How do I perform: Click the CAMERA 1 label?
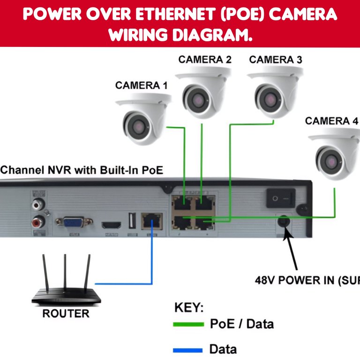click(x=141, y=85)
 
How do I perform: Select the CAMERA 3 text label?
click(x=276, y=60)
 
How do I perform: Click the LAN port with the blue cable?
click(x=152, y=221)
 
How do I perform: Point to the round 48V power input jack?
click(x=283, y=222)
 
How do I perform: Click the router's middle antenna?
click(x=66, y=272)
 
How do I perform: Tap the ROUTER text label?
click(x=66, y=314)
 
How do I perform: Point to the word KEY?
click(x=189, y=308)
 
